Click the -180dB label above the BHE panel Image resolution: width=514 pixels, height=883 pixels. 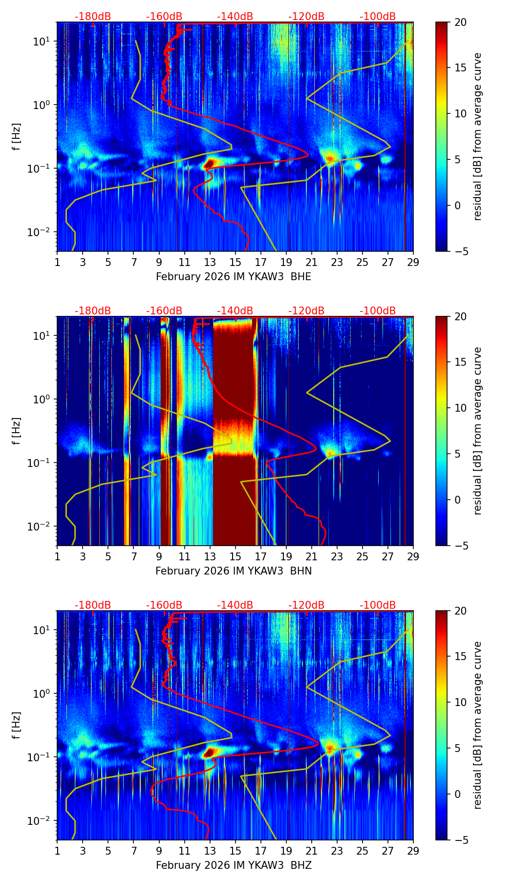(93, 17)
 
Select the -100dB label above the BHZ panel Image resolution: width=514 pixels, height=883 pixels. (378, 605)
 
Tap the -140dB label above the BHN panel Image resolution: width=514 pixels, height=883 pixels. (235, 311)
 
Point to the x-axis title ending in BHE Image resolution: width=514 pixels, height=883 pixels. (234, 277)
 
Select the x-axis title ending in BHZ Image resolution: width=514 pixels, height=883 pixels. (234, 865)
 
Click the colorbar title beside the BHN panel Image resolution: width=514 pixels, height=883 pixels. (477, 431)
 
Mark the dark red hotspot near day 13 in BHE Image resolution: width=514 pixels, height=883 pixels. (209, 164)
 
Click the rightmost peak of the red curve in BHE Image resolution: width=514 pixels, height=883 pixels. (308, 155)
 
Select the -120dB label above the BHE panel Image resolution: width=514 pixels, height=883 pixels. (306, 17)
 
